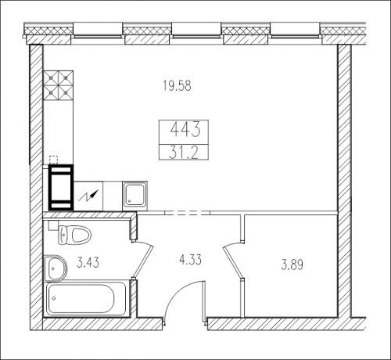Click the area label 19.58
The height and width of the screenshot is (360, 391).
[x=177, y=85]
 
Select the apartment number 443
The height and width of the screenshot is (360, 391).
[x=185, y=130]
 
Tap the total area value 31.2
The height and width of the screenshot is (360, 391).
[x=183, y=153]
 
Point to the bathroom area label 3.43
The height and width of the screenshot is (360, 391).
[x=88, y=262]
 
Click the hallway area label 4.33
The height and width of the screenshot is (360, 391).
[x=191, y=260]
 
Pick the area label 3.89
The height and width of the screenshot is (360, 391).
[x=292, y=265]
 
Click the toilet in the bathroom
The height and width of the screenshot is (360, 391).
[x=75, y=235]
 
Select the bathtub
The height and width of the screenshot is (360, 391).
[x=86, y=298]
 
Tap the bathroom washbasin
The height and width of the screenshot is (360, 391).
[x=56, y=268]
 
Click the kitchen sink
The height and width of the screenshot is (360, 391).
[x=135, y=194]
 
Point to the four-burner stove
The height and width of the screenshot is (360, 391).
[x=58, y=85]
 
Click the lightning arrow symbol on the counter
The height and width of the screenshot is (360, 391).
[x=88, y=196]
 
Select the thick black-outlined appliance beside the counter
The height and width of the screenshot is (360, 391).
[x=61, y=187]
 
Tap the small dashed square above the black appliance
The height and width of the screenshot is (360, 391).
[x=53, y=160]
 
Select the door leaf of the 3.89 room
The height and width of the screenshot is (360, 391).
[x=232, y=262]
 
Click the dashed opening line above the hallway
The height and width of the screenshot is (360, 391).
[x=188, y=213]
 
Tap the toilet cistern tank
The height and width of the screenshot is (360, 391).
[x=63, y=235]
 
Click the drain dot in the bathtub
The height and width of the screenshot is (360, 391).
[x=54, y=298]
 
